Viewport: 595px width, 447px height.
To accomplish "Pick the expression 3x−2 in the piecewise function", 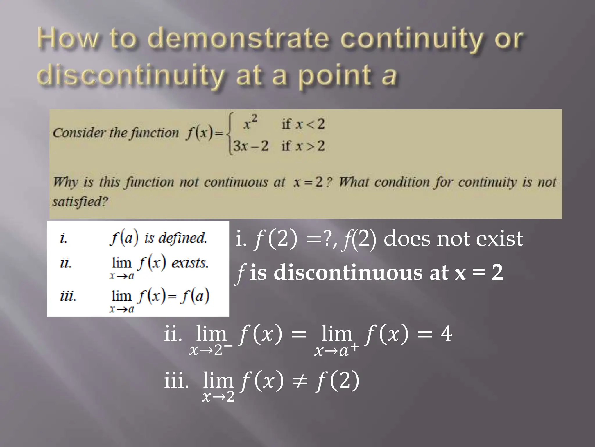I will click(250, 146).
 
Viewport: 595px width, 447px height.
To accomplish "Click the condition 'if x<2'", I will click(303, 125).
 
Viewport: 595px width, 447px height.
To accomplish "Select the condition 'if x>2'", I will click(303, 146).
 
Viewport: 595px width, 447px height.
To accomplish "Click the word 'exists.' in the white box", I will click(190, 263).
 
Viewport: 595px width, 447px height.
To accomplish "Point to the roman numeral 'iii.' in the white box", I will click(68, 297).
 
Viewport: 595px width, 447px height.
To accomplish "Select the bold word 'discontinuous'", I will click(348, 273).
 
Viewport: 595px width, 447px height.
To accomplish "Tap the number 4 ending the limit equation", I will click(446, 334).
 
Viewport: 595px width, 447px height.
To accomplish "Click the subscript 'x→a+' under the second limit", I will click(336, 351).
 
